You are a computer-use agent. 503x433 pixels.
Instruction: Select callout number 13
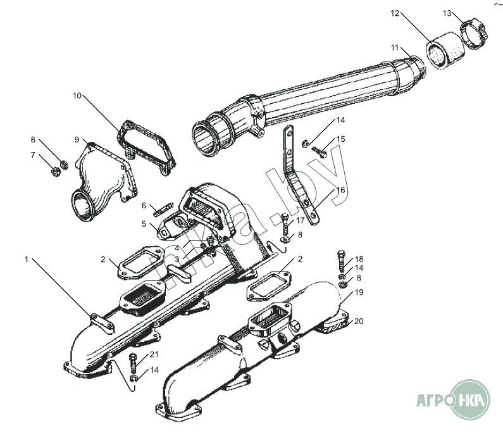click(447, 12)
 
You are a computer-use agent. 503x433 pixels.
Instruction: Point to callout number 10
click(77, 96)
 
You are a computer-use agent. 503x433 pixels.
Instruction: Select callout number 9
click(77, 139)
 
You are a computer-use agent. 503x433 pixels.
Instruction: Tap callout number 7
click(34, 155)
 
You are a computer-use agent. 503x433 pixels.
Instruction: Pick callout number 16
click(340, 190)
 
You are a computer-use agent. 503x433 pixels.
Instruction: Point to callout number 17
click(300, 220)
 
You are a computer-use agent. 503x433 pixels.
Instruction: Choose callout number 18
click(359, 259)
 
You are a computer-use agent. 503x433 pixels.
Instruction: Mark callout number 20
click(359, 321)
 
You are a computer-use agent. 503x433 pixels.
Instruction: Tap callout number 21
click(154, 354)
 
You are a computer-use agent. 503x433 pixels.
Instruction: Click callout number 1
click(27, 259)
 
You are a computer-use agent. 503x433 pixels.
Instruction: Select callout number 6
click(144, 206)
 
